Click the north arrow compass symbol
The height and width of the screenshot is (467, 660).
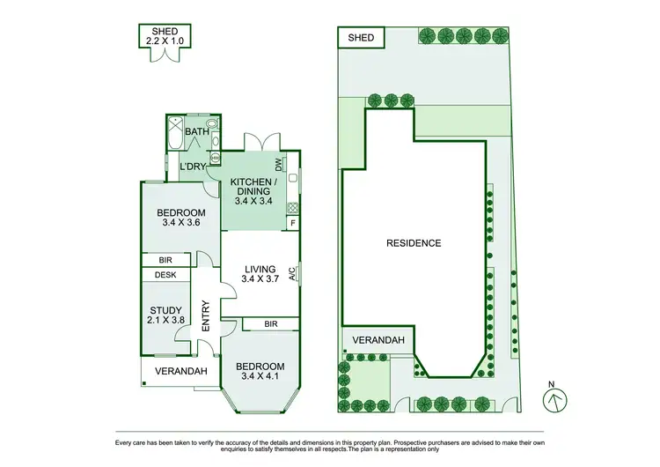tap(553, 398)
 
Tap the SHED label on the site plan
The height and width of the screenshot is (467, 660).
tap(361, 38)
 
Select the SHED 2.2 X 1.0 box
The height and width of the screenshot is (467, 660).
tap(159, 36)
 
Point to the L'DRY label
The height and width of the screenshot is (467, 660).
tap(193, 167)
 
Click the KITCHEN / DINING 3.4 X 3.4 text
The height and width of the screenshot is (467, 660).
tap(253, 191)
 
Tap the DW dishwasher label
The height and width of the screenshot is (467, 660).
tap(278, 164)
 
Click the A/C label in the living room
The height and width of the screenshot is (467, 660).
tap(292, 274)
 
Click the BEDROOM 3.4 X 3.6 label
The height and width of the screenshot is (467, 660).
tap(181, 218)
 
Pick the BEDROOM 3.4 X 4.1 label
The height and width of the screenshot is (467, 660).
tap(260, 372)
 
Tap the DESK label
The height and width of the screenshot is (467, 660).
tap(165, 275)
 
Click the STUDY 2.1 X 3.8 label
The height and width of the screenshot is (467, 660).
tap(165, 315)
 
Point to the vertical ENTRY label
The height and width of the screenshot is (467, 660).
tap(206, 315)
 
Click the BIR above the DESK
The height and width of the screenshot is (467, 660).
tap(165, 260)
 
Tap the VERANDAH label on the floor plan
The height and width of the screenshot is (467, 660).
tap(180, 371)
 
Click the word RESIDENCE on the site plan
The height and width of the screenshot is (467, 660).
tap(413, 243)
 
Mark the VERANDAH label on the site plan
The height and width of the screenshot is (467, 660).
tap(378, 340)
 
